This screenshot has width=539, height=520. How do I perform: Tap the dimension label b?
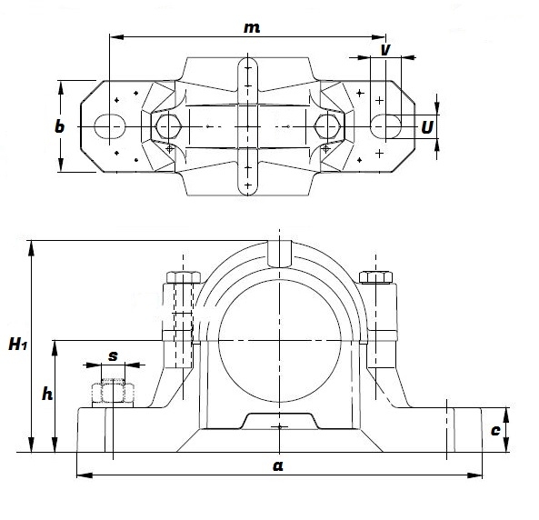[x=60, y=127]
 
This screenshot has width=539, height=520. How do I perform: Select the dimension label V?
[x=385, y=51]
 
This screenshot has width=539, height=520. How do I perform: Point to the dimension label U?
[x=426, y=127]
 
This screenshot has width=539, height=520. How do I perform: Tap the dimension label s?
[x=113, y=355]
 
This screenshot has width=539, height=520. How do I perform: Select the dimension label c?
[x=495, y=430]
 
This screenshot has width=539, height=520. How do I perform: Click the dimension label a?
[x=278, y=465]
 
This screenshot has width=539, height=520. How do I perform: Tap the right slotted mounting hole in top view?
[x=387, y=124]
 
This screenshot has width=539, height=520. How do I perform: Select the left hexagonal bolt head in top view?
[x=167, y=124]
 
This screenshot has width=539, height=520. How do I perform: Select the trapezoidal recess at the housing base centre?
[x=278, y=423]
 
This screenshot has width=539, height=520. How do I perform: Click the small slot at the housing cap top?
[x=279, y=253]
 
